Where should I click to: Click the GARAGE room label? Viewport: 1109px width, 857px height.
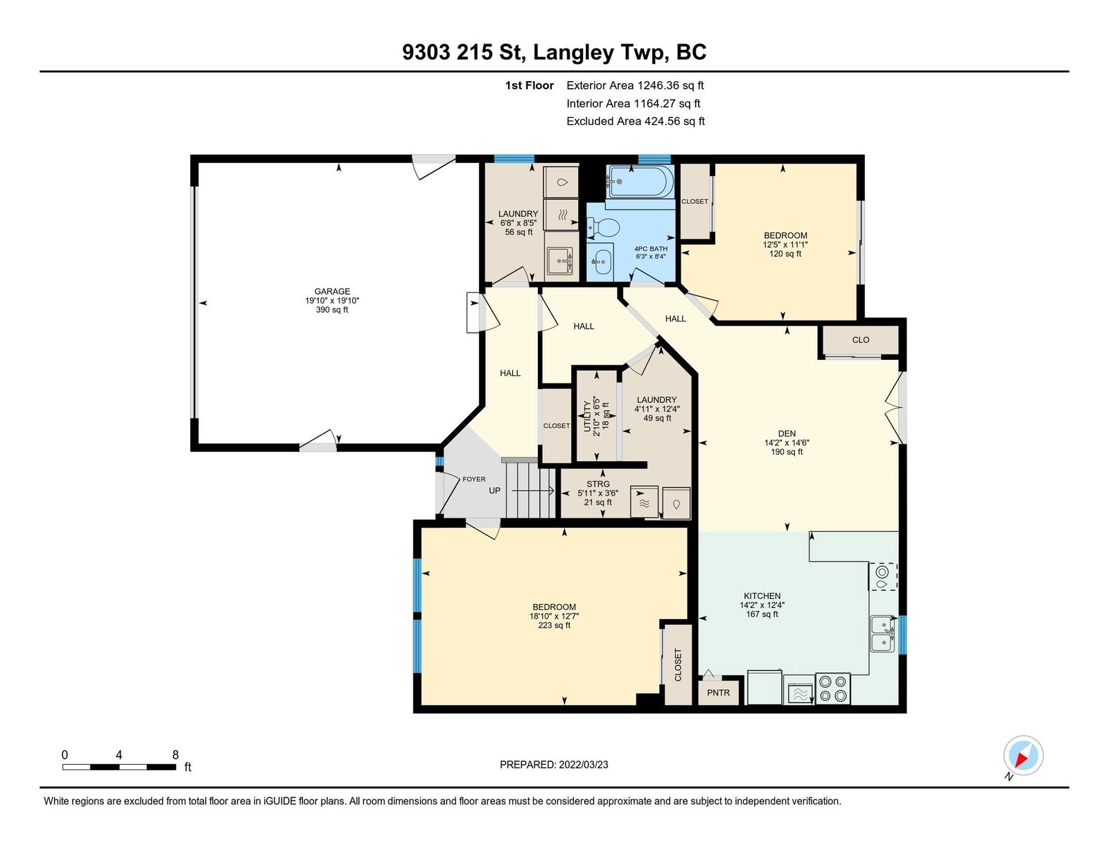pos(332,291)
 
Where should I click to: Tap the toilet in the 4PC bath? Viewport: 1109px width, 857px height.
pos(603,226)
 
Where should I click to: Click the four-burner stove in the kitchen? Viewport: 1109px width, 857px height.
pos(832,689)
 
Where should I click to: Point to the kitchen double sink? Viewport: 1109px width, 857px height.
pos(882,634)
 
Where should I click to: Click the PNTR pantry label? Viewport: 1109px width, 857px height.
pos(718,693)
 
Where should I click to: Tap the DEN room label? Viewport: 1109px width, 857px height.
pos(787,433)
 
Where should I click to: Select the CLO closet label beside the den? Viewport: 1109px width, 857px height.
pos(860,340)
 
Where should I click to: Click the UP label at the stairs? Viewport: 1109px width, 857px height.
pos(494,490)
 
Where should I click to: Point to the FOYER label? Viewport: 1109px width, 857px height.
pos(474,479)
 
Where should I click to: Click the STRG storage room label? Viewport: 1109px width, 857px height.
pos(597,483)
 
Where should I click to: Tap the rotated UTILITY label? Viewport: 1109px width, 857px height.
pos(587,416)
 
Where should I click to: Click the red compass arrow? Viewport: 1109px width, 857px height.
pos(1022,759)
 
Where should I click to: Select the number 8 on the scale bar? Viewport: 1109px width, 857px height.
pos(175,754)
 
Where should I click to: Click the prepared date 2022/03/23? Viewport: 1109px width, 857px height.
pos(584,765)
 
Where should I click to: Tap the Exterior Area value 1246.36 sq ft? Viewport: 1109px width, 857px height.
pos(671,85)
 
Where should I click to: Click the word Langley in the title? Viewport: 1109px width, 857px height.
pos(573,53)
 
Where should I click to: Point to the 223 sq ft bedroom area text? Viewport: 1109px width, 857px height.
pos(554,625)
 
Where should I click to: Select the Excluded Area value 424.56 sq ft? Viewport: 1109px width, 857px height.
pos(674,121)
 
